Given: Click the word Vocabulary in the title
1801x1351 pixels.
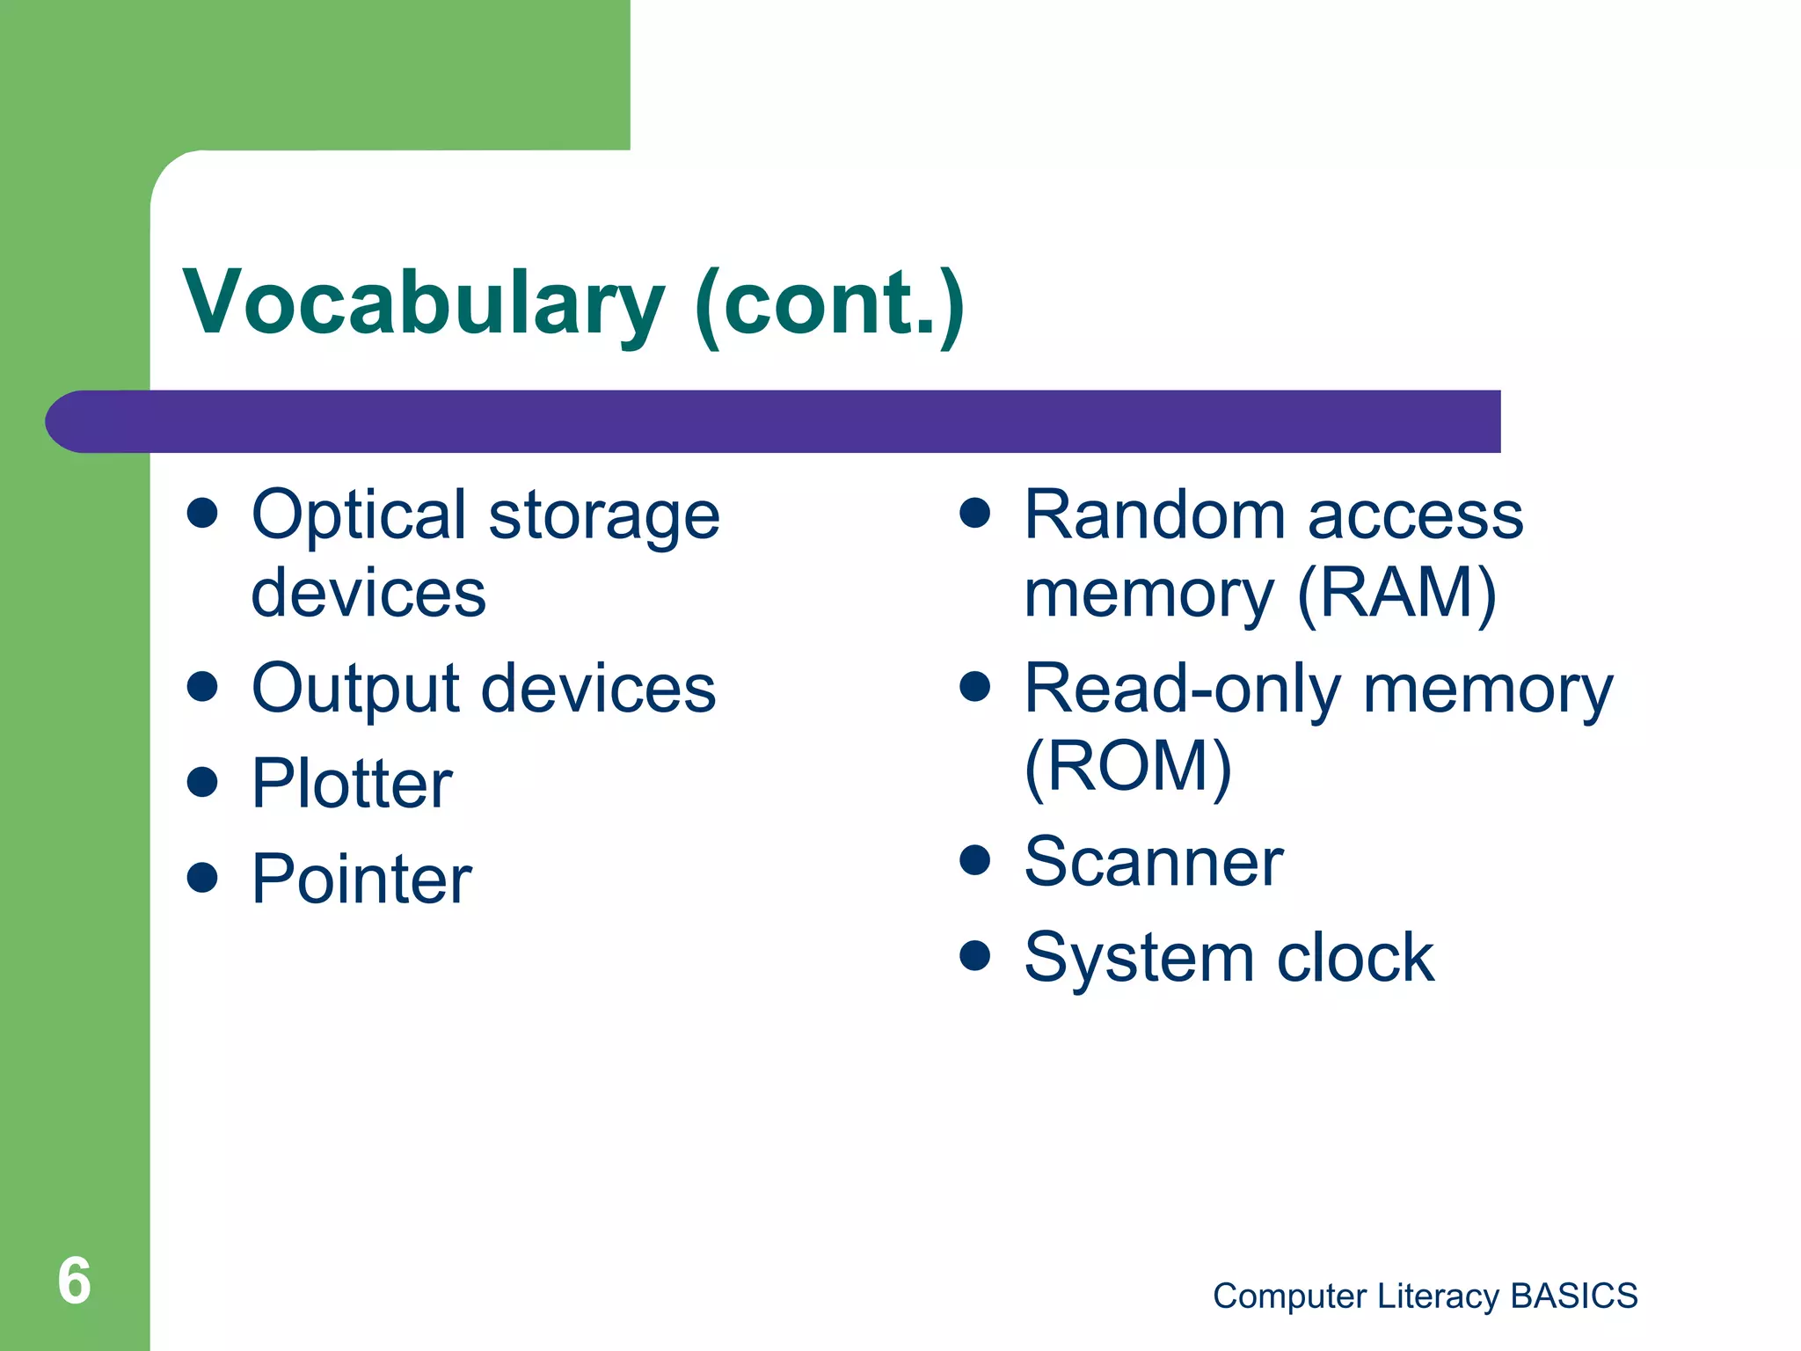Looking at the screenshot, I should pos(422,303).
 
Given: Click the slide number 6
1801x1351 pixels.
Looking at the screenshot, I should pos(74,1281).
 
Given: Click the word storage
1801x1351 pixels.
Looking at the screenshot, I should pos(604,517).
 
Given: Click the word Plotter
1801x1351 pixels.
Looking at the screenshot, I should pos(352,784).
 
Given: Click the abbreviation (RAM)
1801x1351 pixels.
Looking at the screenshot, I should pos(1396,595).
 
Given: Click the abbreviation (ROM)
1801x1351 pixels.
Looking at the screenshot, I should pos(1128,766).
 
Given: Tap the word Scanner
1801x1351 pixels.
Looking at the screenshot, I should pos(1154,862).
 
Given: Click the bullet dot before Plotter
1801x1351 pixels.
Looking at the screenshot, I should pos(202,781).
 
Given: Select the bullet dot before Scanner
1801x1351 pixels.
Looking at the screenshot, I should pos(974,859).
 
